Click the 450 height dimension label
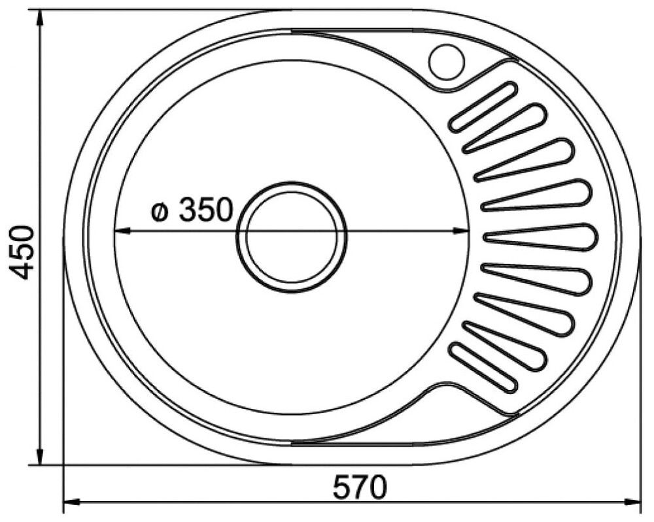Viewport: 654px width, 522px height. (x=22, y=252)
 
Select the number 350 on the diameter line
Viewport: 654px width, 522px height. (x=205, y=210)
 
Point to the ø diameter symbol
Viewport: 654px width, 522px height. (x=159, y=213)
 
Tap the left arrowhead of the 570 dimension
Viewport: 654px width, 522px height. (x=71, y=502)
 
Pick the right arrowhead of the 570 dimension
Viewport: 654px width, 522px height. (x=632, y=502)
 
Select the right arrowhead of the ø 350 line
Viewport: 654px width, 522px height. (x=461, y=231)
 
